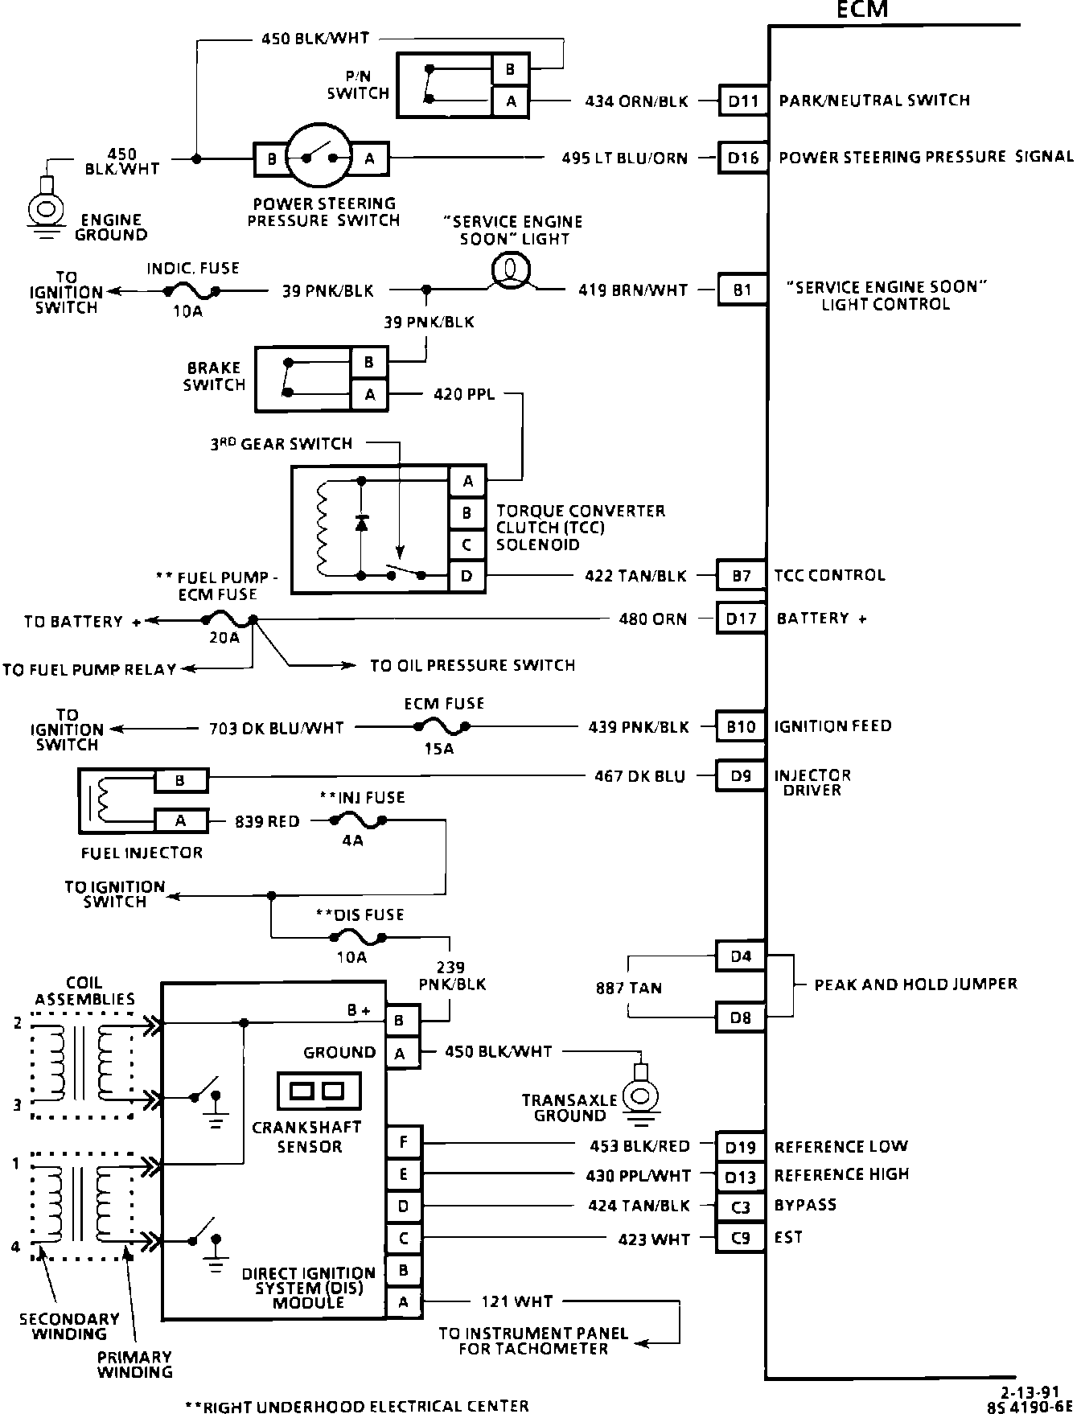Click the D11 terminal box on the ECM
click(742, 102)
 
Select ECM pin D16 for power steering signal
click(742, 158)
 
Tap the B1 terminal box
click(742, 290)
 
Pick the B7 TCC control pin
click(741, 576)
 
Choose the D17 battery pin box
click(741, 619)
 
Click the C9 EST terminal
click(740, 1238)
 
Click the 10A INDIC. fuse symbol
click(191, 291)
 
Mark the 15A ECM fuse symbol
click(442, 727)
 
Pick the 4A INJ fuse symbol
click(356, 821)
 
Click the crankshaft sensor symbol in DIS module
click(317, 1091)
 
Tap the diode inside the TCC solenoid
click(361, 524)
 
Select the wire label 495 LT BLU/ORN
click(625, 158)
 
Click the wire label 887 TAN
click(630, 988)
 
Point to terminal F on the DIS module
click(403, 1142)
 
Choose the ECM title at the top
click(861, 10)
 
